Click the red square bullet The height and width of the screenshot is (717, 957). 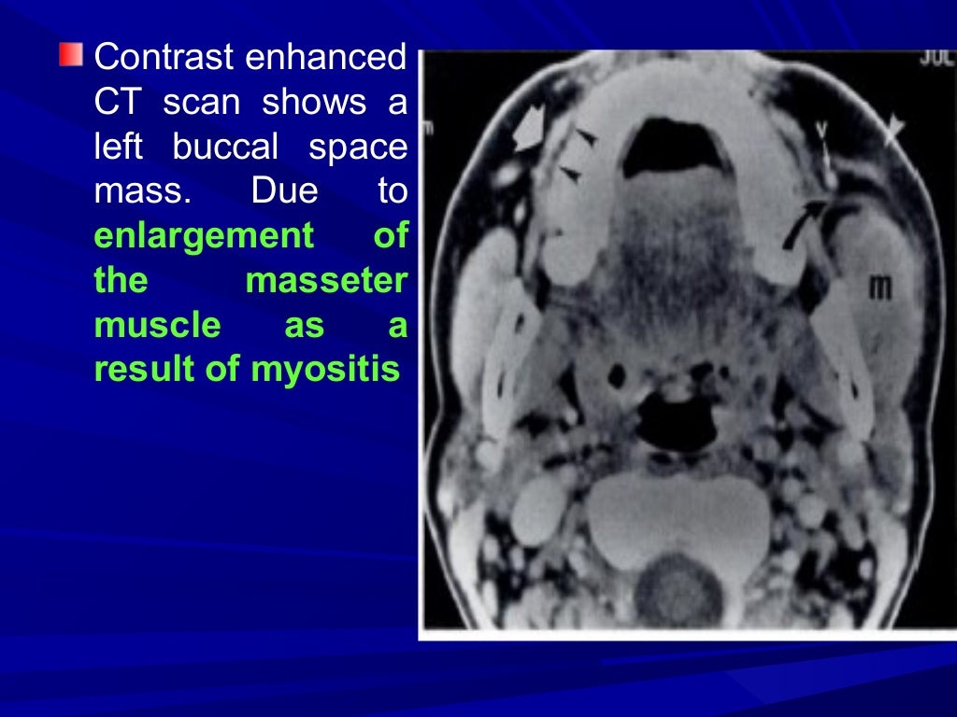pos(70,54)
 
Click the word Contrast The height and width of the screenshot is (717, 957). pos(164,58)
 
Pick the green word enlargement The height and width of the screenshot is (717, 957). pos(204,236)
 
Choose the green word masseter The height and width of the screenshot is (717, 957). pos(327,281)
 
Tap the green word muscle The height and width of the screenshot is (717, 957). pos(158,326)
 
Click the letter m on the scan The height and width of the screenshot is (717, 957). pos(878,288)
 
